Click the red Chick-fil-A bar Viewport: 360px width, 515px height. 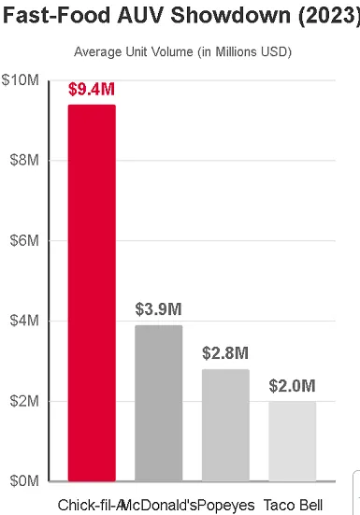tap(91, 293)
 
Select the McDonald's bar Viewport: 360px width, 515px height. tap(158, 403)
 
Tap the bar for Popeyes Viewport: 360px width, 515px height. tap(225, 424)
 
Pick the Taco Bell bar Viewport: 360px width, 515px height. tap(292, 441)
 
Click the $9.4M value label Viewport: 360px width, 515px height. tap(92, 91)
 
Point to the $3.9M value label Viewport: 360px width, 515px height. tap(158, 309)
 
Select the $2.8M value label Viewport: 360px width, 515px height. tap(225, 353)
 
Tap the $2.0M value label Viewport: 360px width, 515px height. tap(292, 386)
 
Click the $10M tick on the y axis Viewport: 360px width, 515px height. tap(20, 80)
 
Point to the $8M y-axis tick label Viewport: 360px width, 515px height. tap(22, 161)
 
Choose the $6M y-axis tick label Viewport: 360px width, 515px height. tap(22, 240)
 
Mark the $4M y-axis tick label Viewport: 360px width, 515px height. tap(22, 321)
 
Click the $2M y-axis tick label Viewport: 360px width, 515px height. tap(22, 401)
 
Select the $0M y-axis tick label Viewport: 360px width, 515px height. tap(22, 480)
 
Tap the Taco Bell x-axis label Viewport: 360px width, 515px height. tap(293, 505)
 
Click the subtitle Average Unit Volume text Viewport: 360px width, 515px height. tap(182, 51)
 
